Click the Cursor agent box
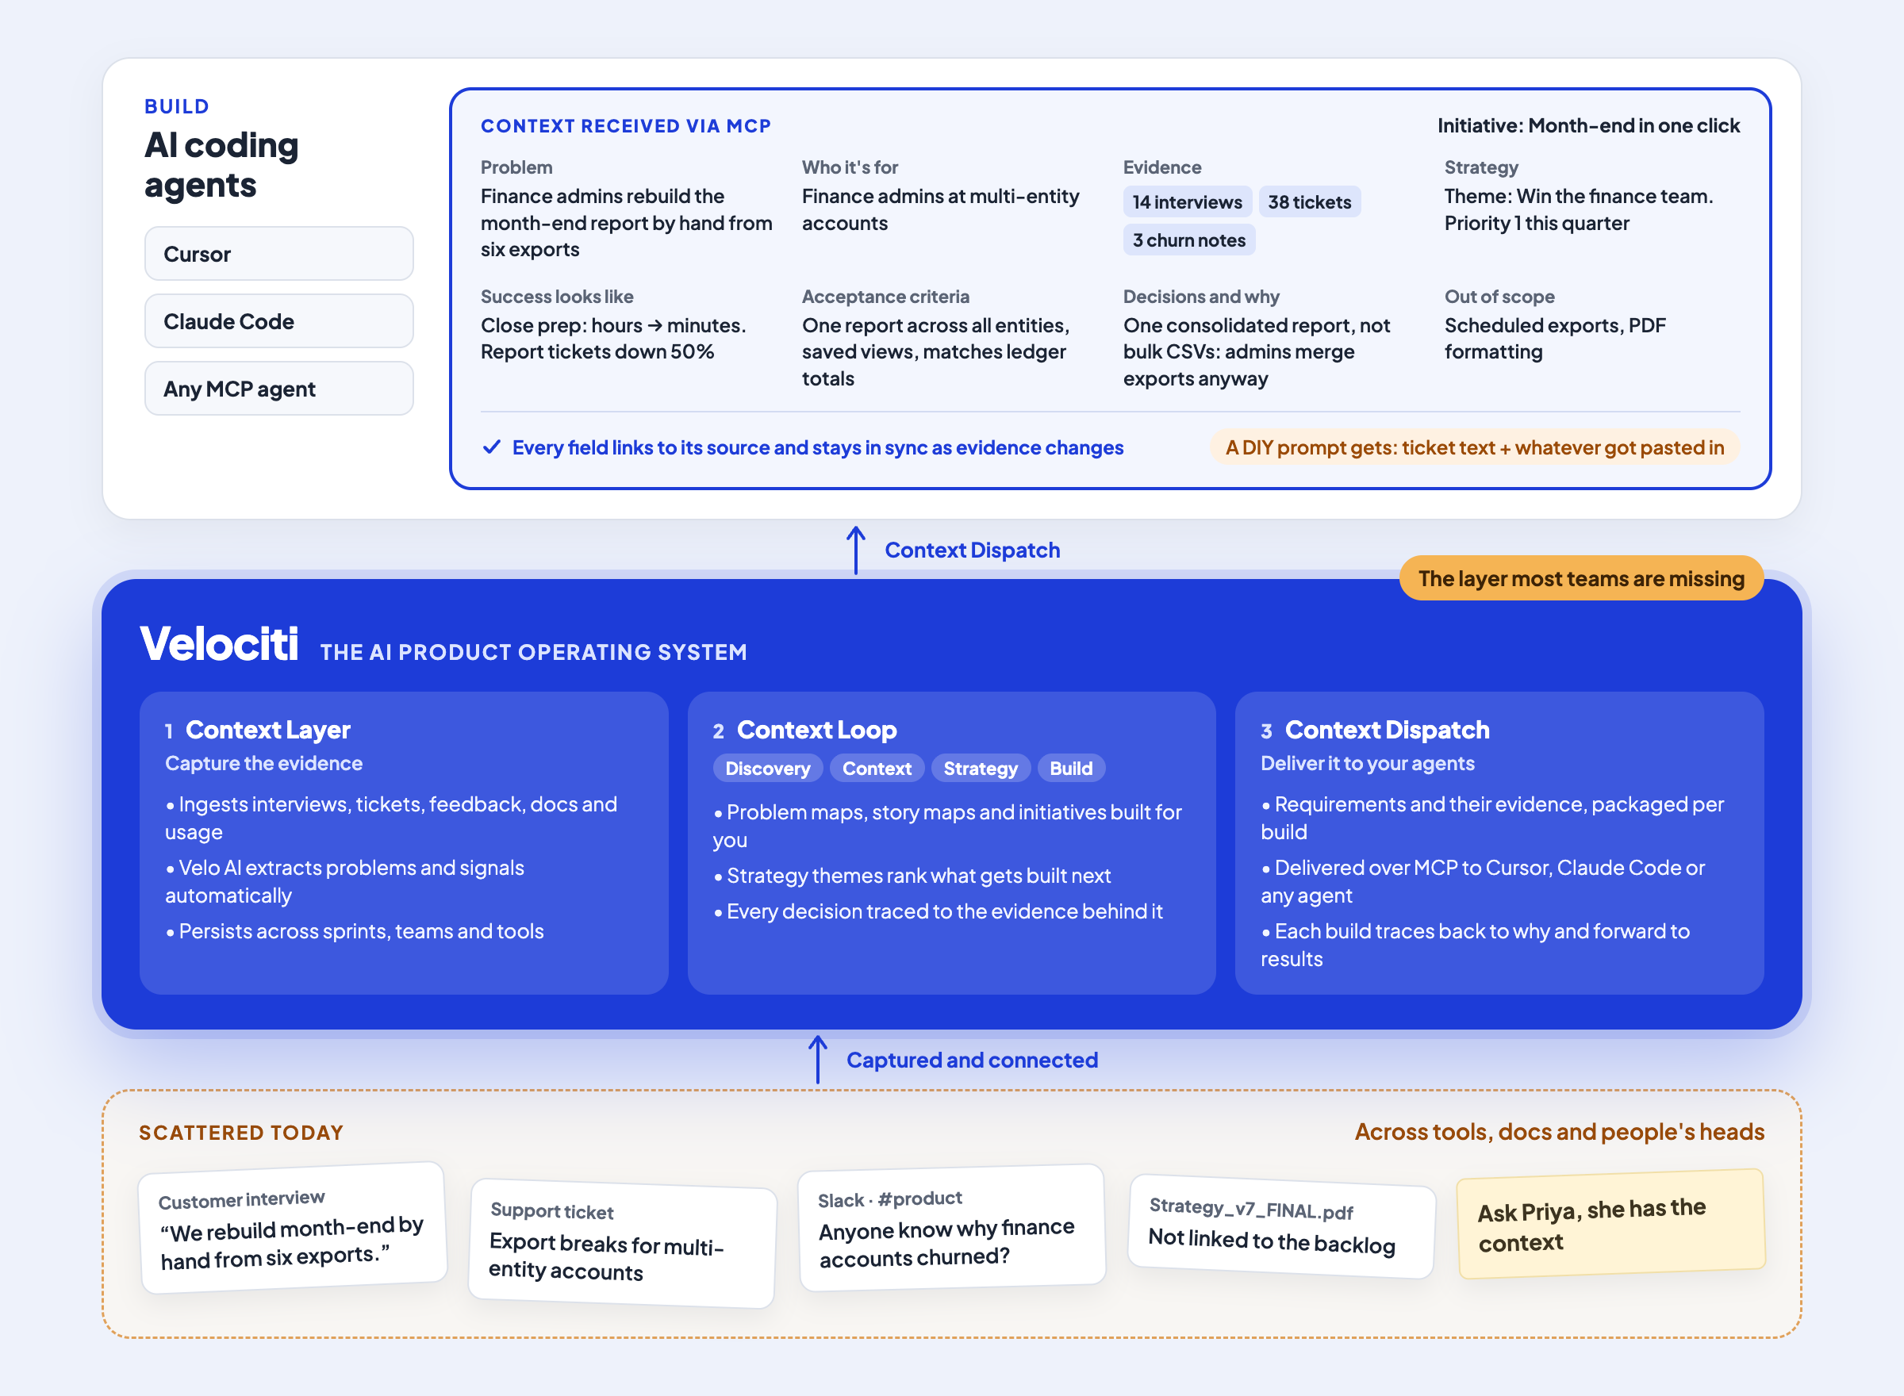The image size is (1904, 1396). pos(279,254)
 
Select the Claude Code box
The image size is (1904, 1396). pos(279,321)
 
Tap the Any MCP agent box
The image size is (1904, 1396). pos(279,389)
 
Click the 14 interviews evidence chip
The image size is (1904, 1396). pos(1187,202)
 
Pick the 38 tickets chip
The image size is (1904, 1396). pos(1309,202)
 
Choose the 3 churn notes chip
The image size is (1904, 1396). pos(1189,240)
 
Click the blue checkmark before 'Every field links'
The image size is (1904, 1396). pos(491,447)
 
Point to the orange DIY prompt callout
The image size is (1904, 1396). pos(1475,447)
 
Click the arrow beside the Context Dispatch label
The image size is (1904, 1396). pos(856,550)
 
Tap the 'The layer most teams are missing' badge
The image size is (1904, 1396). pos(1581,578)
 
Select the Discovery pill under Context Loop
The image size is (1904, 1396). pos(767,768)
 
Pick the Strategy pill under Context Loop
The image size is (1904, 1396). pos(981,768)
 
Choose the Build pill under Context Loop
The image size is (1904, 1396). pos(1071,768)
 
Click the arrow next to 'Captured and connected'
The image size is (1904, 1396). pos(818,1060)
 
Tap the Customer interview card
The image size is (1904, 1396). pos(293,1228)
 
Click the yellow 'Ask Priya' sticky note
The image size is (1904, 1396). pos(1610,1224)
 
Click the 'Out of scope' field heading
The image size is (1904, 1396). pos(1499,297)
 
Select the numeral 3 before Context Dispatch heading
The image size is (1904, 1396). pos(1266,731)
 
